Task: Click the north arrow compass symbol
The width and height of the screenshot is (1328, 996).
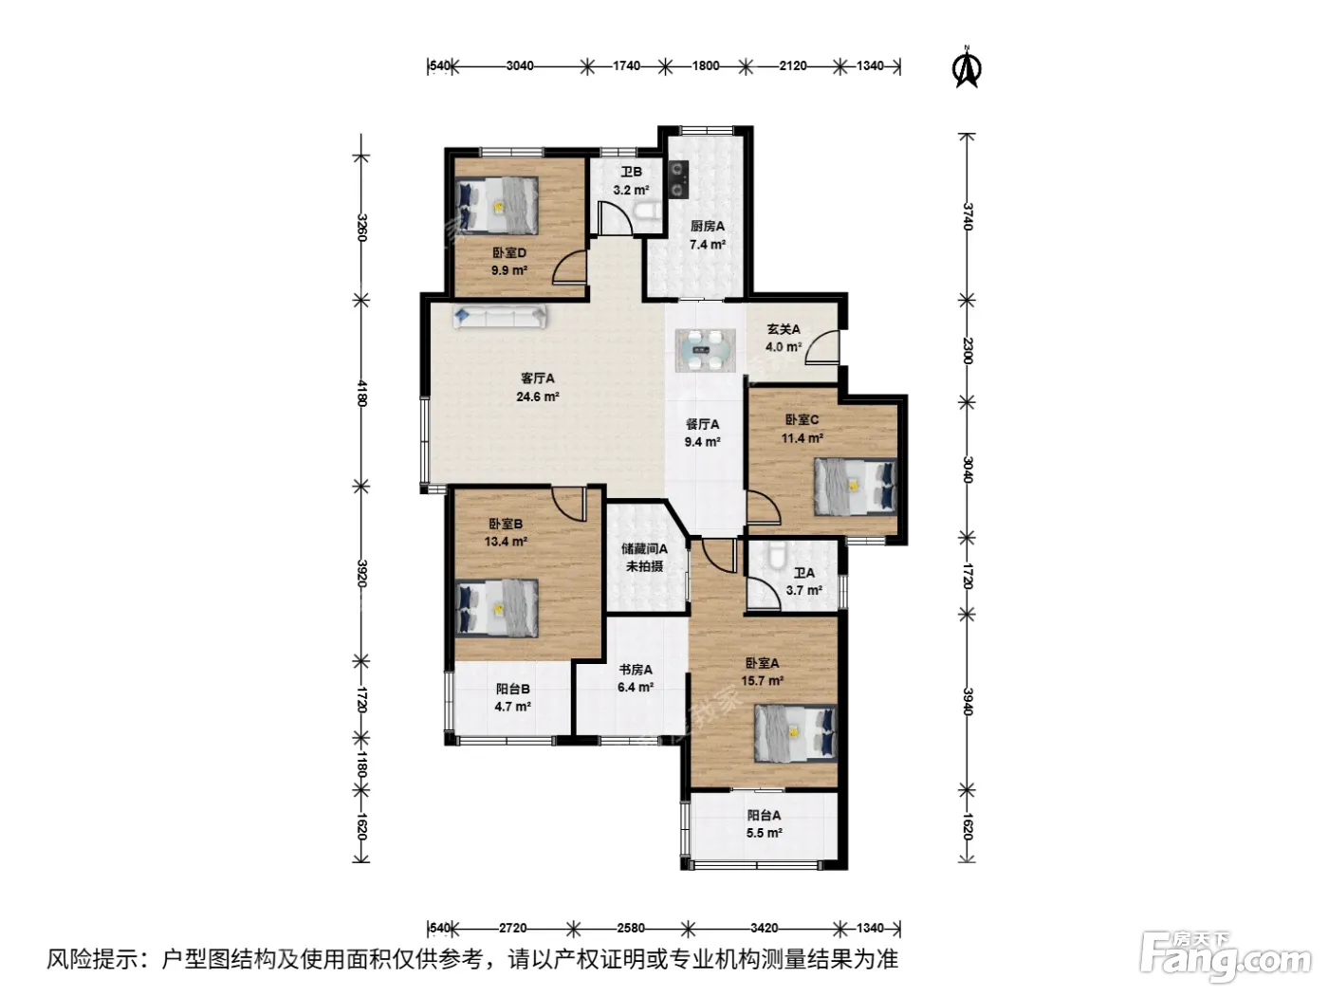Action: tap(967, 67)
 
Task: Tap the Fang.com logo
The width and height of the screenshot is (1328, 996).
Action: tap(1225, 956)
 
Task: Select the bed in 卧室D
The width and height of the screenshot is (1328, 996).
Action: tap(497, 206)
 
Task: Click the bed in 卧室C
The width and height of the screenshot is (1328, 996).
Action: tap(855, 487)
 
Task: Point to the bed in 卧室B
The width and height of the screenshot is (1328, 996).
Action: tap(497, 608)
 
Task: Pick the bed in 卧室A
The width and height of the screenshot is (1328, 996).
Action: tap(795, 733)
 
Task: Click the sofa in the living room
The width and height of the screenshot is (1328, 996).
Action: tap(500, 316)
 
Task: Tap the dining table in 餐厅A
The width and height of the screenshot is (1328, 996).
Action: tap(706, 350)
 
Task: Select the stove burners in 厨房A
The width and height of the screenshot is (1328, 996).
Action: tap(678, 179)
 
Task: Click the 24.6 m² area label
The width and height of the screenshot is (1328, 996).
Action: tap(537, 397)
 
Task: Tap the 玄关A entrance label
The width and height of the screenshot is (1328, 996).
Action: tap(784, 329)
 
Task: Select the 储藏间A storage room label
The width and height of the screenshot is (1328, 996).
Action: tap(644, 548)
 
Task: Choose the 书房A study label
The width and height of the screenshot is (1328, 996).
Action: tap(636, 670)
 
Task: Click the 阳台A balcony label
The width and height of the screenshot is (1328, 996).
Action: tap(764, 815)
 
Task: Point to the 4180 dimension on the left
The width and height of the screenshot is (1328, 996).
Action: tap(361, 393)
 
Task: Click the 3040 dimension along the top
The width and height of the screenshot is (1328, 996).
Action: tap(520, 65)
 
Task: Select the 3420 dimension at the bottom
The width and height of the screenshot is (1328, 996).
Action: tap(764, 928)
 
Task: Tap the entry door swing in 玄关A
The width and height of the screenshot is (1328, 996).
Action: tap(822, 347)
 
